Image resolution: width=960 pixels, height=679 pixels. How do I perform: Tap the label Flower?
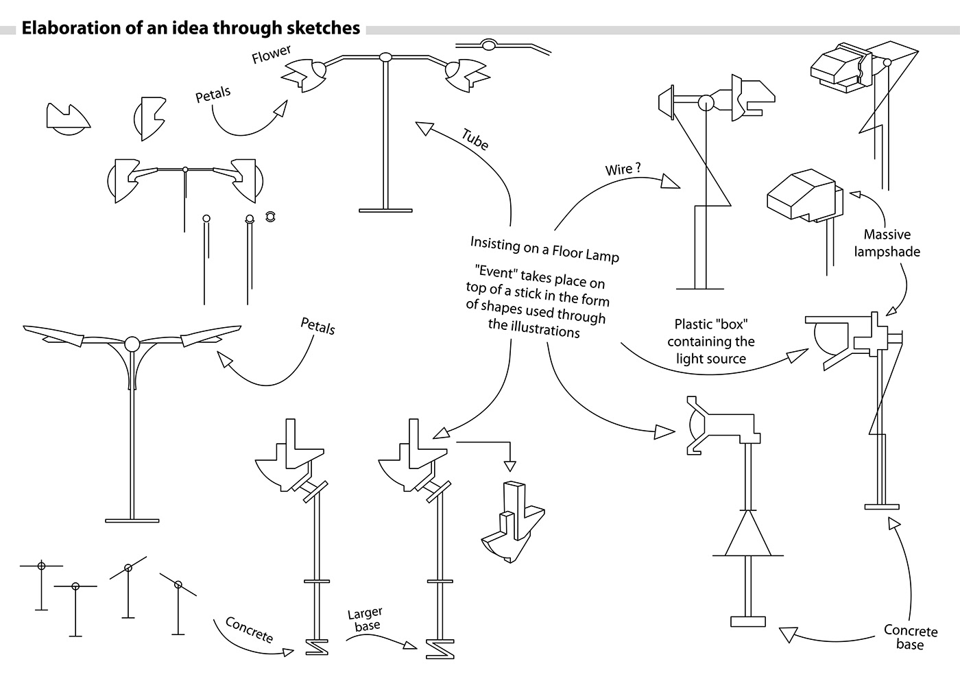(x=271, y=54)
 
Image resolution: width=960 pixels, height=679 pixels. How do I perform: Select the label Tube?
(x=475, y=139)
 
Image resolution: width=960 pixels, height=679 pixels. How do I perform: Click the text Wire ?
(x=623, y=169)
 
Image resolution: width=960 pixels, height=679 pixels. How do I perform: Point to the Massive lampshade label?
(x=887, y=243)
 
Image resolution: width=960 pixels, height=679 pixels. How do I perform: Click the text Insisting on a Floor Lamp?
(x=544, y=249)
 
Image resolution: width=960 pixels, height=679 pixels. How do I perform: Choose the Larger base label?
(x=365, y=619)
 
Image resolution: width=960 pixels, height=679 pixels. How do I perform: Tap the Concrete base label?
(x=910, y=637)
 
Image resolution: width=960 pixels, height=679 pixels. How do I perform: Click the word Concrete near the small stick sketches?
(x=250, y=630)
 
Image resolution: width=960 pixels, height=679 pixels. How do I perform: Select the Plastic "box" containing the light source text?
(x=710, y=342)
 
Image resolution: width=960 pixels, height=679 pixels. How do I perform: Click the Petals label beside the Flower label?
(x=213, y=95)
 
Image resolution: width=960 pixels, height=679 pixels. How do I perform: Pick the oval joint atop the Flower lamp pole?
(x=385, y=57)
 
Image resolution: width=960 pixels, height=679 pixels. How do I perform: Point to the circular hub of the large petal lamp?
(x=132, y=343)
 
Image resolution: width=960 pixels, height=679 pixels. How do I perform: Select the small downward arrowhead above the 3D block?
(x=509, y=466)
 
